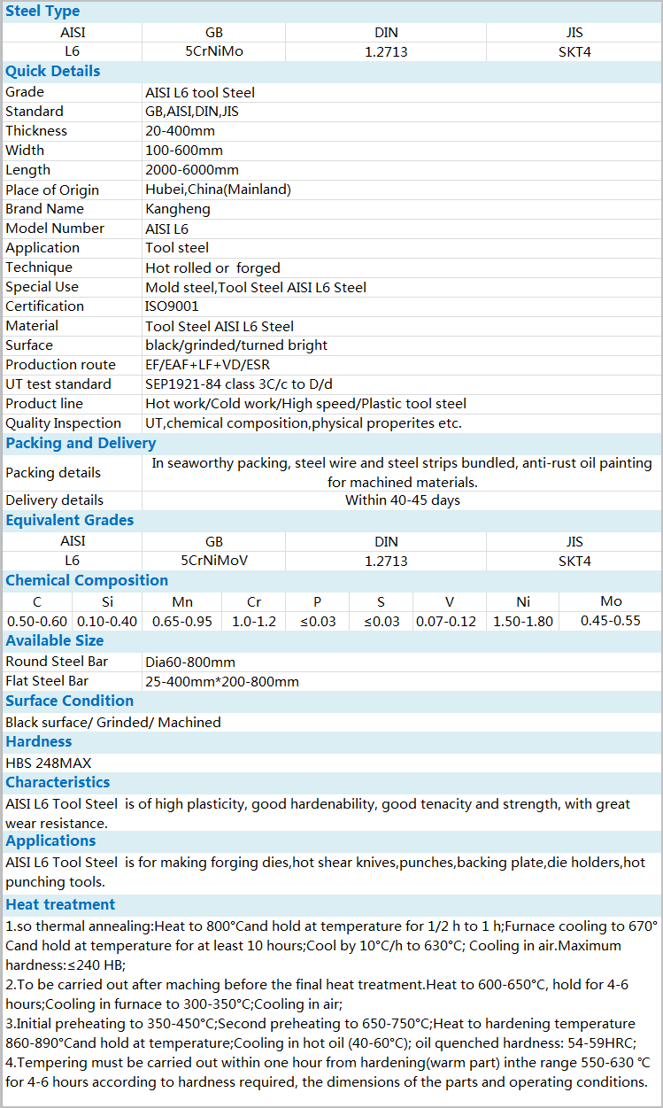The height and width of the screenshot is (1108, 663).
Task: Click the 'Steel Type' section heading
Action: tap(42, 12)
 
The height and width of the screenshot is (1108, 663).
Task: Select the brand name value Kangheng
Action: tap(178, 209)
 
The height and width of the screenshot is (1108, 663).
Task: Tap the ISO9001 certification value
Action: tap(172, 306)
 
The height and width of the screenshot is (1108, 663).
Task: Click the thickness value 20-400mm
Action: tap(181, 131)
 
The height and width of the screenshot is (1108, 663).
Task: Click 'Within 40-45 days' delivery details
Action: tap(402, 500)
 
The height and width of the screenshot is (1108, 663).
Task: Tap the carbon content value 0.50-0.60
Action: tap(37, 621)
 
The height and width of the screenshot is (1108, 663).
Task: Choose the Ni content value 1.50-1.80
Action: tap(523, 621)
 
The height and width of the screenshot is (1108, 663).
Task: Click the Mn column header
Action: tap(182, 602)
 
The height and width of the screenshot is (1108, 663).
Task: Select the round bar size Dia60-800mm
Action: tap(190, 662)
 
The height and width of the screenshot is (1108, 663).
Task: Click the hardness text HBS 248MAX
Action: tap(48, 763)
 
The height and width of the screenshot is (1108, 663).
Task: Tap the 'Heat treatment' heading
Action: tap(60, 904)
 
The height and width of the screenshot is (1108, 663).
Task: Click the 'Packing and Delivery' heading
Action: tap(81, 443)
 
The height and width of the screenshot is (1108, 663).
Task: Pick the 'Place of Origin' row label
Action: tap(52, 190)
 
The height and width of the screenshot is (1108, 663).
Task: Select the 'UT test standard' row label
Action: tap(58, 384)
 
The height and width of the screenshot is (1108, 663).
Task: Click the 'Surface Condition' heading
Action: tap(70, 701)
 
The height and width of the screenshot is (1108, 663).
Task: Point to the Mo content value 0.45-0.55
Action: tap(611, 621)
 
